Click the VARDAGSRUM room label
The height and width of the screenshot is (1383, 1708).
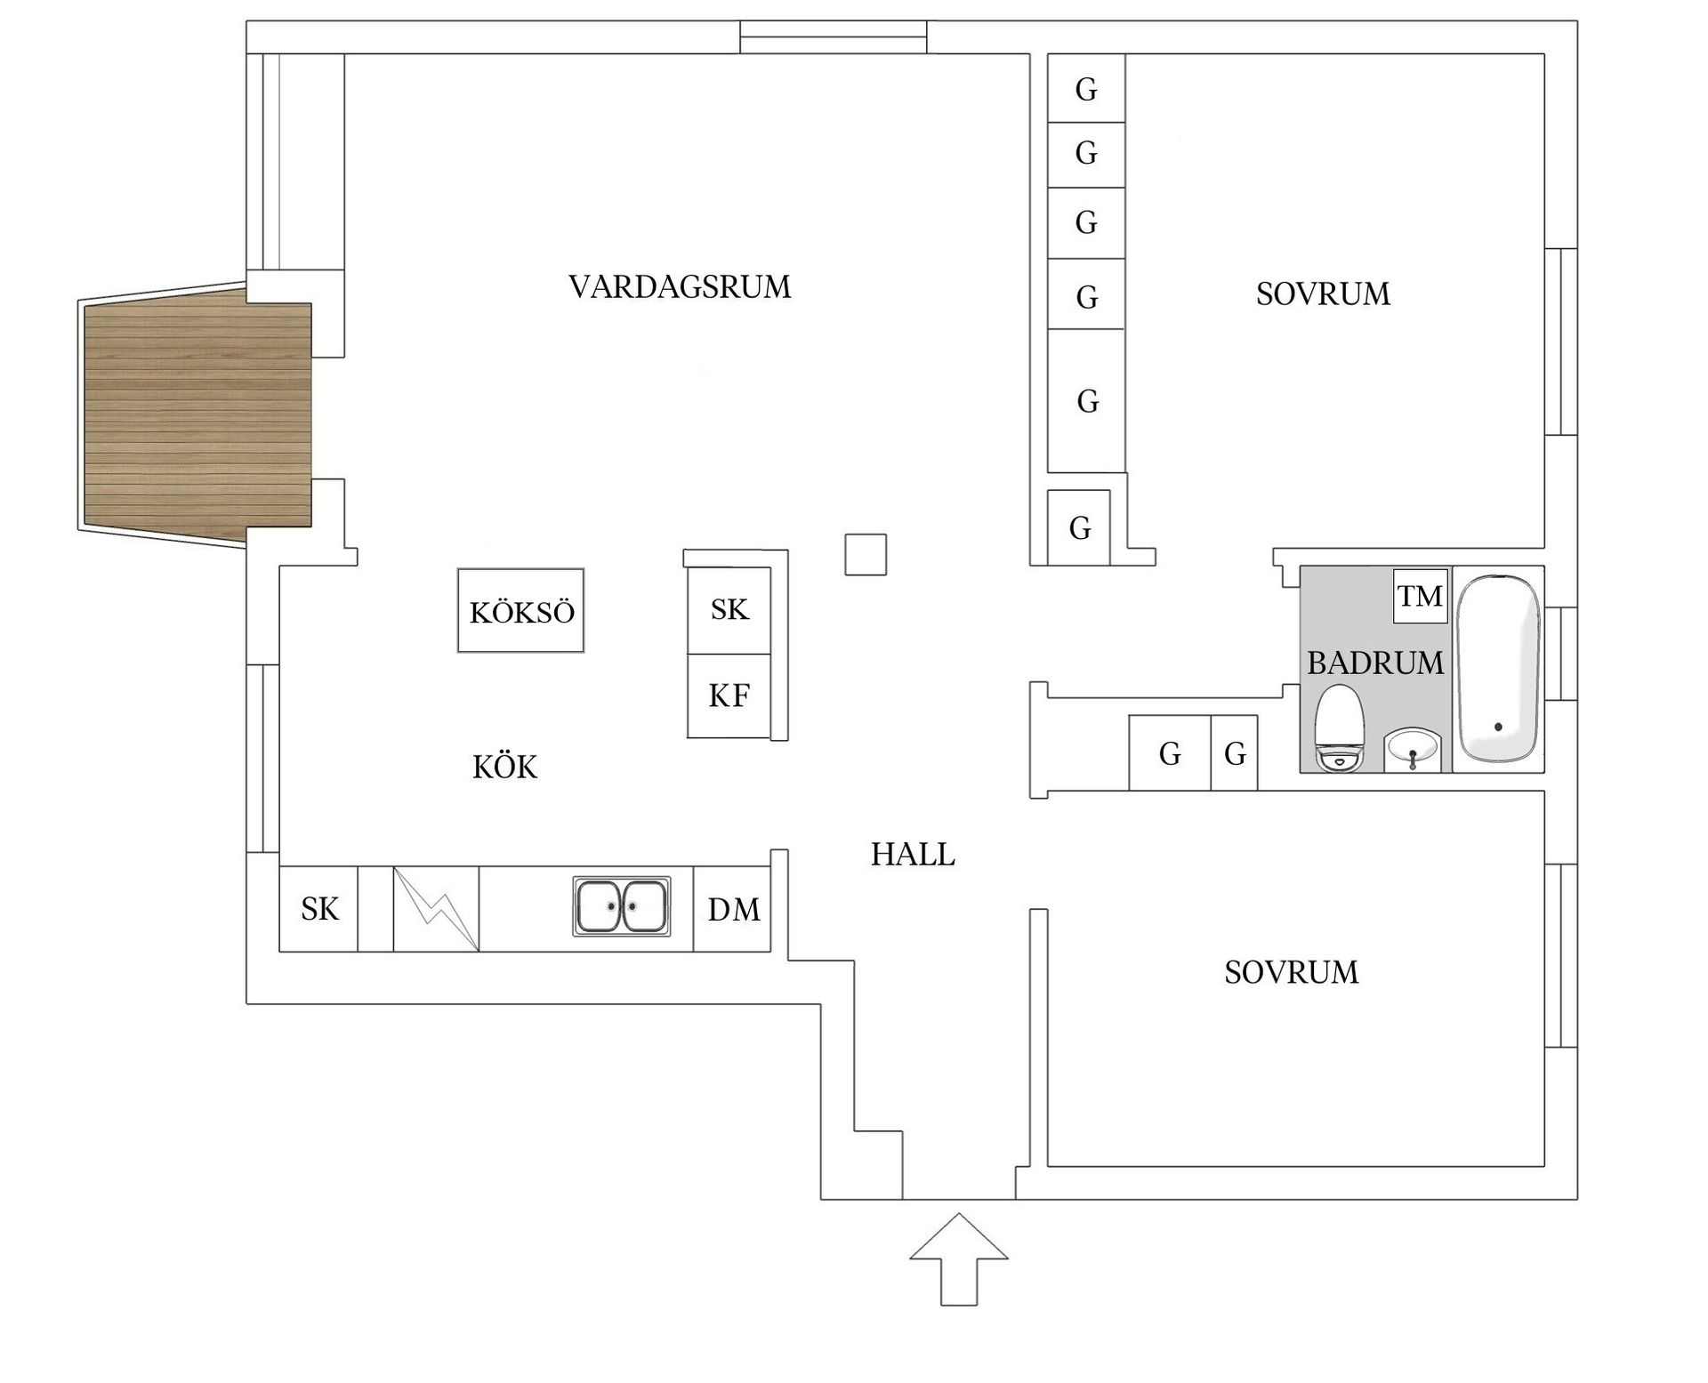[680, 287]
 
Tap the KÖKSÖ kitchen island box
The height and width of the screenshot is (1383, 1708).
[521, 611]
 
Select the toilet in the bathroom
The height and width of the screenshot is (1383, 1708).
[1340, 728]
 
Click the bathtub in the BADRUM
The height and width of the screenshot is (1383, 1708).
[1498, 668]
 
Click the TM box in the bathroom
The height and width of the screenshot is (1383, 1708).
[1420, 596]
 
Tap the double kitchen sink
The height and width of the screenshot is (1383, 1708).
[622, 906]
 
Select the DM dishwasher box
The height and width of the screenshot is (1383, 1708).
[733, 909]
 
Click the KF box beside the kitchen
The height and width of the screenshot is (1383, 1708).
[729, 696]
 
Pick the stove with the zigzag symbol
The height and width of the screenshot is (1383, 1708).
[437, 909]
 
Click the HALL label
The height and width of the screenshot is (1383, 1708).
[913, 855]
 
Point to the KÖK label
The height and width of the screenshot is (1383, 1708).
[504, 768]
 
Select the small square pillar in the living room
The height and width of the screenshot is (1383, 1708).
[866, 554]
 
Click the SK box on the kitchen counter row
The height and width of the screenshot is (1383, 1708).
[319, 909]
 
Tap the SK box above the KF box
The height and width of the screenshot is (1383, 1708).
[729, 610]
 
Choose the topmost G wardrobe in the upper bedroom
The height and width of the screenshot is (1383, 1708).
[1086, 89]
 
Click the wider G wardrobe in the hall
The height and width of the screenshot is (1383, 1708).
[1170, 753]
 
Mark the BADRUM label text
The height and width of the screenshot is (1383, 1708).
[1374, 663]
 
